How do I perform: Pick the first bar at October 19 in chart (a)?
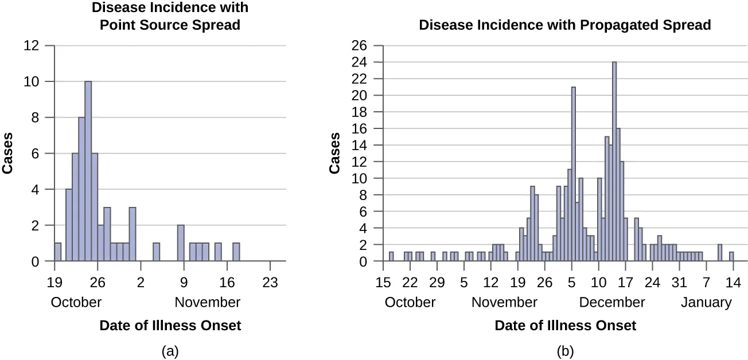click(x=57, y=252)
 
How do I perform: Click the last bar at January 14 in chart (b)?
click(x=731, y=257)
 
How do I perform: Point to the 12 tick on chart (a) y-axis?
click(x=32, y=45)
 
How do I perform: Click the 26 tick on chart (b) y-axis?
click(x=365, y=45)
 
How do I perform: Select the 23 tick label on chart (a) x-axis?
click(x=270, y=282)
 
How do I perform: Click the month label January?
click(x=706, y=302)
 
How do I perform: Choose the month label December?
click(x=612, y=302)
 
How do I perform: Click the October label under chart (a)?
click(x=76, y=302)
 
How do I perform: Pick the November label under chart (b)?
click(x=504, y=302)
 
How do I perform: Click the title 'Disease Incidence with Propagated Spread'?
click(x=565, y=25)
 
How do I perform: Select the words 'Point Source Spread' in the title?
click(x=170, y=26)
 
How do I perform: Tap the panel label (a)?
click(x=170, y=351)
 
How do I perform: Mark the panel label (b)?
click(x=565, y=351)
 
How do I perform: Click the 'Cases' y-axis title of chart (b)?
click(x=334, y=153)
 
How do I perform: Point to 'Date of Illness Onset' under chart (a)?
click(x=170, y=326)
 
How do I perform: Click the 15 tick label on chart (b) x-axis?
click(x=383, y=282)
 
